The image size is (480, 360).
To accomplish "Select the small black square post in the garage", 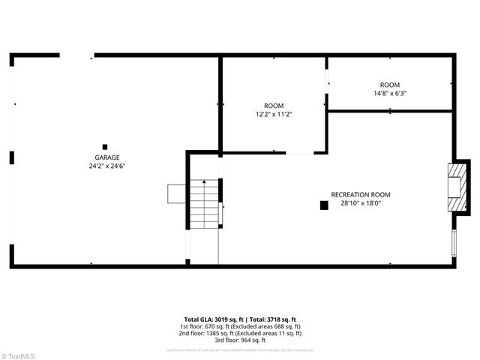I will pyautogui.click(x=105, y=146).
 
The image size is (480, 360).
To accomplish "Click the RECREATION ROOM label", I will pyautogui.click(x=361, y=194).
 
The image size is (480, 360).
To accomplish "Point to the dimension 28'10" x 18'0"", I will pyautogui.click(x=361, y=202).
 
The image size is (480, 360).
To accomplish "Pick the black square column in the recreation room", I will pyautogui.click(x=324, y=204).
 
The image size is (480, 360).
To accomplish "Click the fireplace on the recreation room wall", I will pyautogui.click(x=454, y=189).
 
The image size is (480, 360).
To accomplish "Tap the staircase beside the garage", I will pyautogui.click(x=202, y=204).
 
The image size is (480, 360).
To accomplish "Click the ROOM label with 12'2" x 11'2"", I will pyautogui.click(x=274, y=106).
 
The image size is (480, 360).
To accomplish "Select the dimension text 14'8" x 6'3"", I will pyautogui.click(x=390, y=94).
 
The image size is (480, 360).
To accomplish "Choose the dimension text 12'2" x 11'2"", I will pyautogui.click(x=274, y=114).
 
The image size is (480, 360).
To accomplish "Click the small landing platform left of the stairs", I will pyautogui.click(x=177, y=193).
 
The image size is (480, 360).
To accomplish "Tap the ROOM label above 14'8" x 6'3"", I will pyautogui.click(x=390, y=85).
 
